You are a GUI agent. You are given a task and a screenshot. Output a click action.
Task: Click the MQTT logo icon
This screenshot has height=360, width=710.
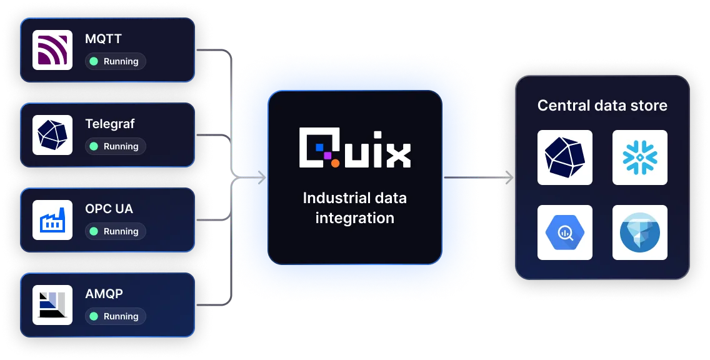pos(52,50)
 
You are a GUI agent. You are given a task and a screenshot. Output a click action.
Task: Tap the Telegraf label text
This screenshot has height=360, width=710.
pos(110,124)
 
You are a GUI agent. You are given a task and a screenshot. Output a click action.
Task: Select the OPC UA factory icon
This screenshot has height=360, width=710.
pos(52,220)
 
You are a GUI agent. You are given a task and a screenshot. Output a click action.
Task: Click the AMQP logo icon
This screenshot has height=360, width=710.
pos(52,305)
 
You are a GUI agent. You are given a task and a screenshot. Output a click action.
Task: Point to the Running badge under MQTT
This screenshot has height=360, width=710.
pos(116,61)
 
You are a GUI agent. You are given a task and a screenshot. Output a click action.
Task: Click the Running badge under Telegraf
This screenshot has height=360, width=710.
pos(116,146)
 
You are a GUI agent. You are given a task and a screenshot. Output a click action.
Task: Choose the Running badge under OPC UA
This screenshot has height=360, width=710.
pos(116,231)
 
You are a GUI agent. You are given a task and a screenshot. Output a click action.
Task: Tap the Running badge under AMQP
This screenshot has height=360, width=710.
pos(116,316)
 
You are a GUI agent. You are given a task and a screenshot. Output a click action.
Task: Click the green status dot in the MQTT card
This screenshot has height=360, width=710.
pos(94,61)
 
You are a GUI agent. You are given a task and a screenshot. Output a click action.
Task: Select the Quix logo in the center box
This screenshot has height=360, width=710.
pos(354,148)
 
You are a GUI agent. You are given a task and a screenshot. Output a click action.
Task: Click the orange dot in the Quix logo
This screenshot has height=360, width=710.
pos(335,163)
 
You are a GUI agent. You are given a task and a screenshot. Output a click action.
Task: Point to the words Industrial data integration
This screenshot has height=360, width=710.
pos(354,207)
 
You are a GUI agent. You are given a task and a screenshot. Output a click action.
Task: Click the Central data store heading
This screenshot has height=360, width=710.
pos(602,106)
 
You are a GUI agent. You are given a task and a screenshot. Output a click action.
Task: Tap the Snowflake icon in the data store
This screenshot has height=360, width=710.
pos(639,157)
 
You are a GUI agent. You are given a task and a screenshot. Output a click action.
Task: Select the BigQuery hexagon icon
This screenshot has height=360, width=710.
pos(564,232)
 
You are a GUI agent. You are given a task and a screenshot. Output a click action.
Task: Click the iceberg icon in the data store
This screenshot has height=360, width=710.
pos(639,232)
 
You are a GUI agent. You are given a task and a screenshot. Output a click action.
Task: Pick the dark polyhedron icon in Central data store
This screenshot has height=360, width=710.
pos(564,157)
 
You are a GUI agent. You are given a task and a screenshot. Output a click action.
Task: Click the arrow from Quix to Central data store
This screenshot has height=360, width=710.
pos(478,178)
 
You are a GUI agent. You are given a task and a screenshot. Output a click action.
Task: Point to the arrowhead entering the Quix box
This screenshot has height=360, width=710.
pos(261,178)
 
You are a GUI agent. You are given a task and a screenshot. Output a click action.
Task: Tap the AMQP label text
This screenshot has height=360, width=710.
pos(104,294)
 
